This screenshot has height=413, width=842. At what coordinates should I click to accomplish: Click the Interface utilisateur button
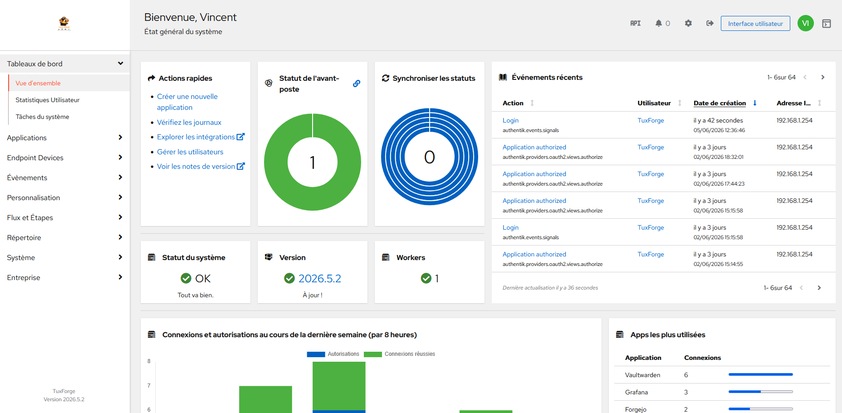click(x=755, y=24)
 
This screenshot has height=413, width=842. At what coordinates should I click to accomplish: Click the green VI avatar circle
click(x=806, y=23)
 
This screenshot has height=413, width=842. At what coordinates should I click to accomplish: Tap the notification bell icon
click(x=659, y=23)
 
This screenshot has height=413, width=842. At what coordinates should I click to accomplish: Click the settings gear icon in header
click(x=688, y=23)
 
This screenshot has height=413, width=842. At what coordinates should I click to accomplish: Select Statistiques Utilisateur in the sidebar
click(x=48, y=100)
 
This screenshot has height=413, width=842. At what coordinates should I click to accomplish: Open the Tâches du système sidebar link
click(x=43, y=117)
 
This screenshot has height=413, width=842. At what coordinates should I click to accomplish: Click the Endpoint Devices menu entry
click(x=35, y=158)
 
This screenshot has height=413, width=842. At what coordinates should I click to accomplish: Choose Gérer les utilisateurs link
click(x=190, y=152)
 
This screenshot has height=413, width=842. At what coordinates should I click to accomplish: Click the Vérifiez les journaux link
click(x=189, y=123)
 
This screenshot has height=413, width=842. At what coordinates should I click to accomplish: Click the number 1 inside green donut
click(x=313, y=162)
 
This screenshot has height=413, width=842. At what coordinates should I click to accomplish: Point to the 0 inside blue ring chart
click(x=430, y=157)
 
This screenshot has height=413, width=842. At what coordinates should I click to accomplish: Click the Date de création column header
click(x=720, y=103)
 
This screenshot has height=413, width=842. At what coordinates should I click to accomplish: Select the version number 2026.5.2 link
click(x=320, y=279)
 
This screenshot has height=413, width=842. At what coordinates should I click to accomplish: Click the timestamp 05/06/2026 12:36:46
click(x=719, y=130)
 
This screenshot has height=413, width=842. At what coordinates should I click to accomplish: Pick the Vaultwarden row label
click(x=643, y=375)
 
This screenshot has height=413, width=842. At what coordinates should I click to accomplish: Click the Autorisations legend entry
click(x=333, y=354)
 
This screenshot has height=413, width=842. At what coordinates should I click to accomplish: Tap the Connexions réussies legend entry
click(x=399, y=354)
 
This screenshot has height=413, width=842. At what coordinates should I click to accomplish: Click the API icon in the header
click(x=636, y=23)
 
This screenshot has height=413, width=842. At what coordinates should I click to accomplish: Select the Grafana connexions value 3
click(x=686, y=392)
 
